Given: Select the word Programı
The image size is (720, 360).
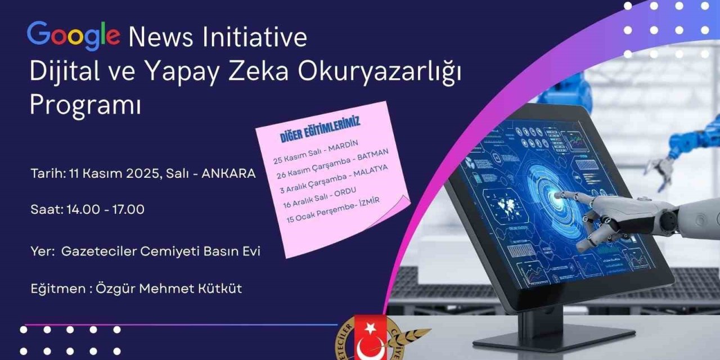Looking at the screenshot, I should [x=85, y=105].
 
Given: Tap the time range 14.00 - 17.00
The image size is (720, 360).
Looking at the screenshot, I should [x=105, y=209].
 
